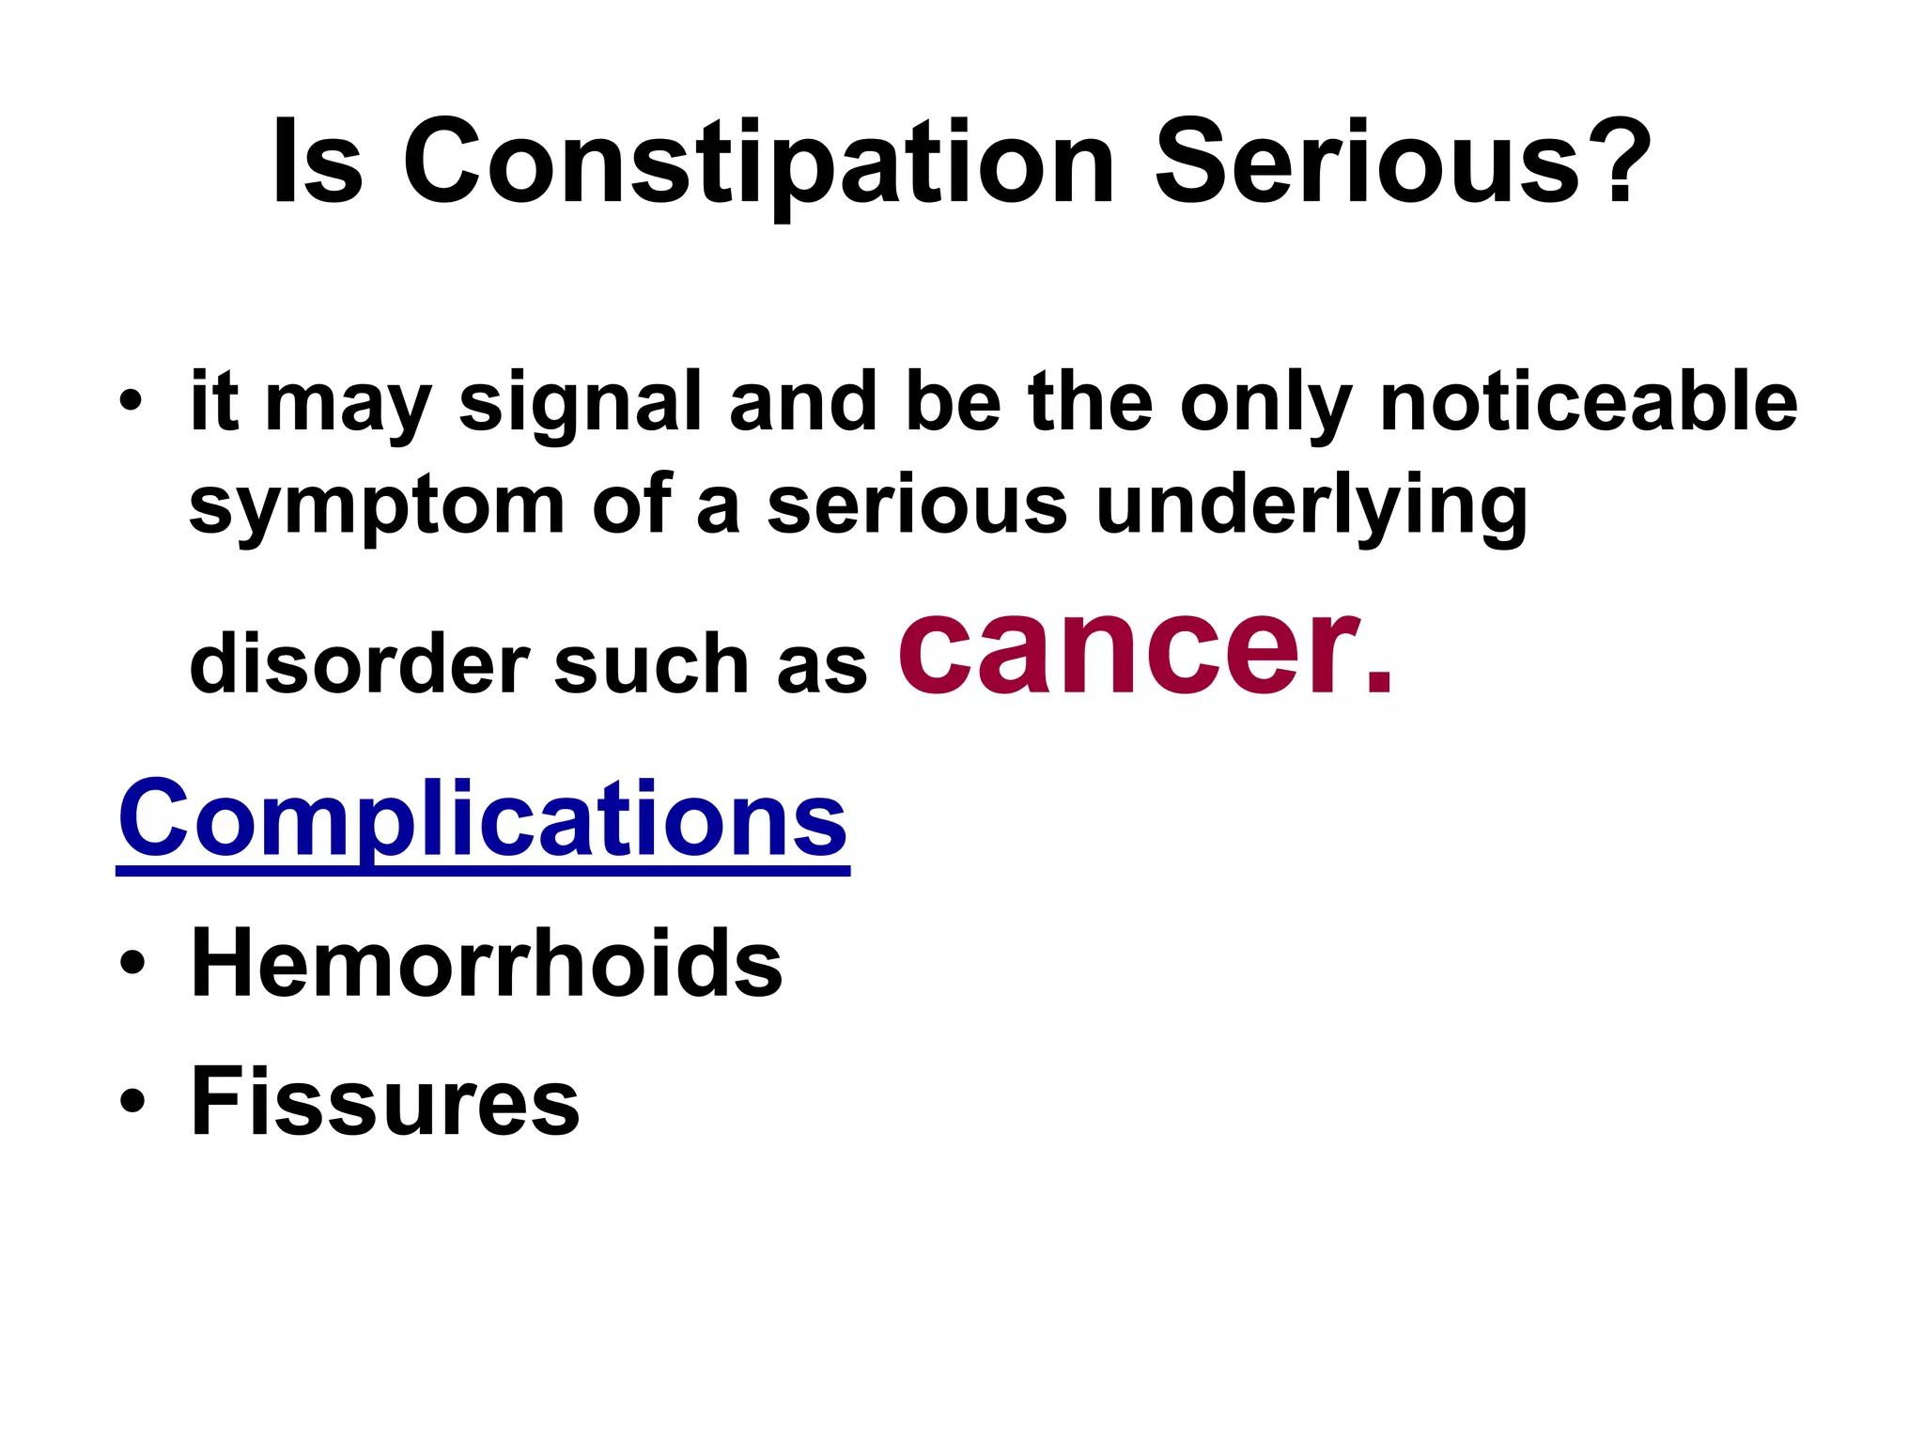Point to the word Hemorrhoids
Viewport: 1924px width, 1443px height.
point(486,963)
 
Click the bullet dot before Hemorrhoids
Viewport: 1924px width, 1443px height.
point(132,965)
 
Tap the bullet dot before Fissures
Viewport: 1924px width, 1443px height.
point(132,1101)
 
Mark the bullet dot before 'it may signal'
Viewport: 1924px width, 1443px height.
point(132,402)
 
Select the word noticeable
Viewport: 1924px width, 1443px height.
point(1588,401)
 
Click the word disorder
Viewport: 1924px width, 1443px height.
point(359,663)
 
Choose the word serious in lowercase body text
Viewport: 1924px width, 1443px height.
point(917,504)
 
